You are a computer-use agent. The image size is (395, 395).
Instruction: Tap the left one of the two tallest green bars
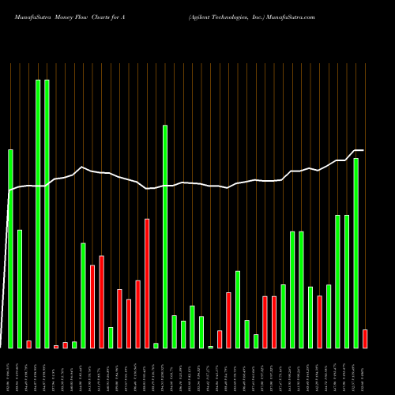point(38,213)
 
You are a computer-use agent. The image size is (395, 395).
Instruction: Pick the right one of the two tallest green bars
point(47,213)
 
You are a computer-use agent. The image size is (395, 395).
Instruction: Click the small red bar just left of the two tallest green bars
point(29,344)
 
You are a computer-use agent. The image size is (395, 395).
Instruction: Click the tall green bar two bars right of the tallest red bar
point(165,236)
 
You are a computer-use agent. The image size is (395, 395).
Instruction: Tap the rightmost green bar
point(356,253)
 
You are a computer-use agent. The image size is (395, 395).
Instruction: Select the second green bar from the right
point(347,281)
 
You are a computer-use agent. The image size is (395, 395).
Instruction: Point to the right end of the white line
point(362,150)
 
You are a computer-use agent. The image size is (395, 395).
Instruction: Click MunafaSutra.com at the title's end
point(292,16)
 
